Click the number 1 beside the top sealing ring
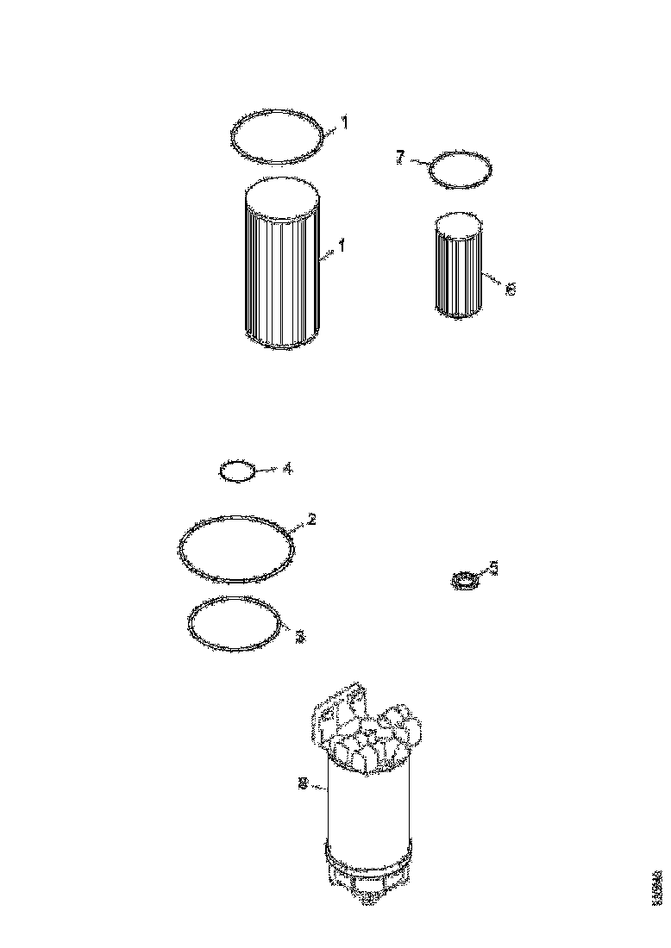coord(343,123)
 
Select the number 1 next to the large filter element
coord(342,246)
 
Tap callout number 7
coord(399,159)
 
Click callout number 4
coord(287,469)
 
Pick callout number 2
coord(311,519)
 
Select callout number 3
coord(299,637)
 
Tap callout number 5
coord(493,566)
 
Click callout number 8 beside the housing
coord(301,783)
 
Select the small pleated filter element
coord(461,271)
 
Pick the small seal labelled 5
coord(465,582)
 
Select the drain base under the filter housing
coord(369,875)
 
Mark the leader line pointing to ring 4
coord(267,470)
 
